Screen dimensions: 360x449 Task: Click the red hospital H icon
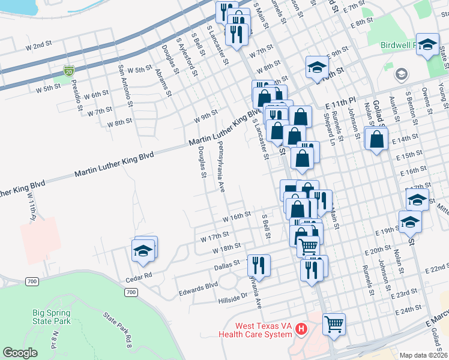[x=302, y=329]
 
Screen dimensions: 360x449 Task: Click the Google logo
[x=20, y=353]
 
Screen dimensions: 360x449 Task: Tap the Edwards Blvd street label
[x=197, y=289]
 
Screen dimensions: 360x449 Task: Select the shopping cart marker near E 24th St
[x=334, y=324]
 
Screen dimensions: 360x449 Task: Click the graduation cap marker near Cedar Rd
[x=144, y=250]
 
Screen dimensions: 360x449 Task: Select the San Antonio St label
[x=124, y=85]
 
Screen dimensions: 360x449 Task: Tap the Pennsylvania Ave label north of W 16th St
[x=220, y=167]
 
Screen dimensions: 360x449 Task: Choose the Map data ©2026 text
[x=424, y=354]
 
